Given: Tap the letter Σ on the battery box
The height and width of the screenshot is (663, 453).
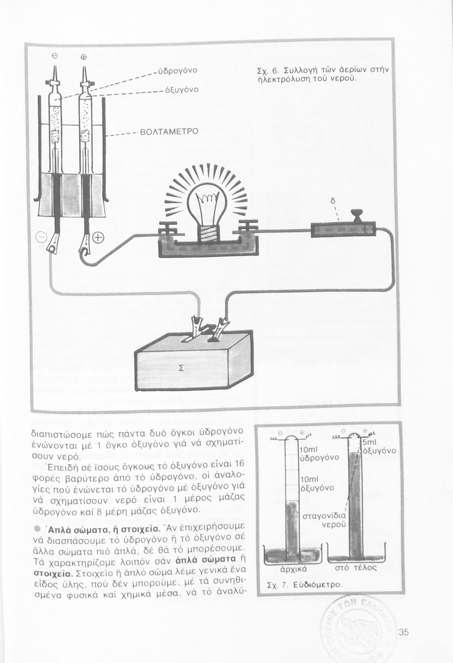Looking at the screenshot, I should [181, 368].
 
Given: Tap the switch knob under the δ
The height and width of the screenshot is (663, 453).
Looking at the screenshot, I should [356, 215].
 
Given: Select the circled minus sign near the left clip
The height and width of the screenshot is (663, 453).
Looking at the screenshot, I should [41, 239].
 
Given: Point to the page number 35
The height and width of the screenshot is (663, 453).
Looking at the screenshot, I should [403, 632].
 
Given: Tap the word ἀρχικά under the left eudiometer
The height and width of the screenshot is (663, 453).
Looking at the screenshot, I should [291, 569].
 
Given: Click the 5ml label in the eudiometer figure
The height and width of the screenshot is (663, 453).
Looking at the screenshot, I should [370, 442].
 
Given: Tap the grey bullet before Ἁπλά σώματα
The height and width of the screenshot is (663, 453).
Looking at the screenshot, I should [38, 530].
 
